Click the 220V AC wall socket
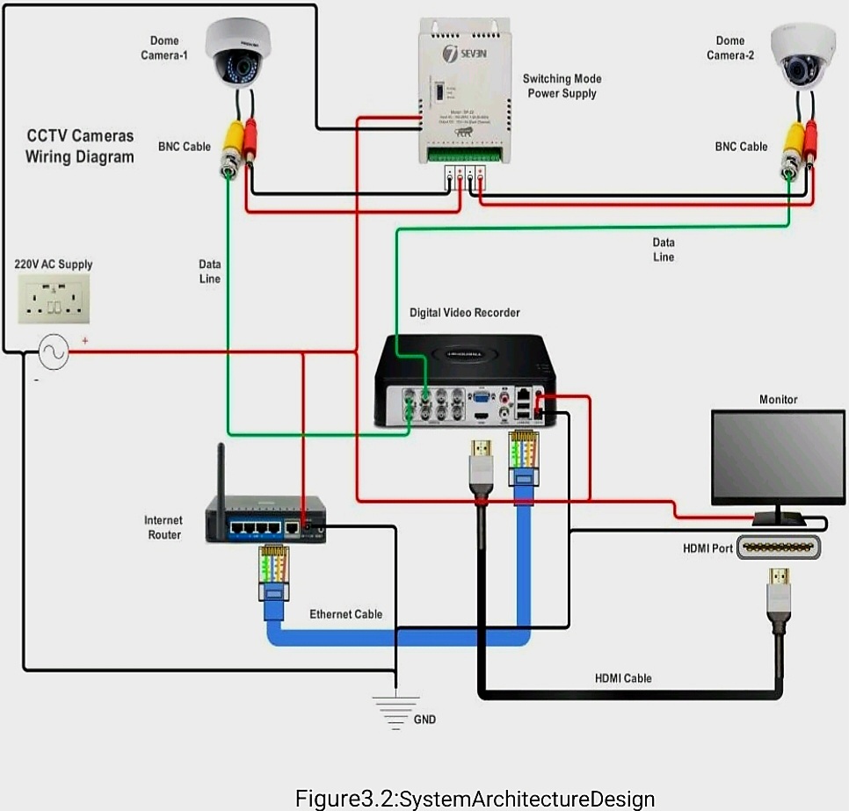pyautogui.click(x=54, y=298)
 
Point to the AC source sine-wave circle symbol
pyautogui.click(x=53, y=353)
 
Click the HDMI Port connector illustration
pyautogui.click(x=779, y=547)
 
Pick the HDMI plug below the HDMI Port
pyautogui.click(x=779, y=590)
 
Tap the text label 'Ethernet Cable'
pyautogui.click(x=345, y=614)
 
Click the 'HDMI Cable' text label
pyautogui.click(x=623, y=677)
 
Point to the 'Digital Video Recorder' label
pyautogui.click(x=464, y=313)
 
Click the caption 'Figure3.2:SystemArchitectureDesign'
pyautogui.click(x=475, y=799)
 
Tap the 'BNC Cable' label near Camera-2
pyautogui.click(x=741, y=147)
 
